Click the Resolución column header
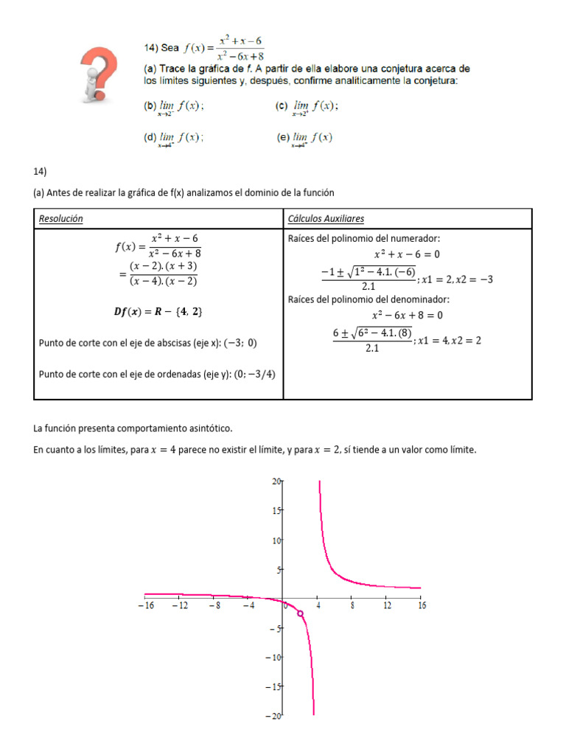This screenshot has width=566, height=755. [60, 219]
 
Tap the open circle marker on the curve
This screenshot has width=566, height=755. [300, 613]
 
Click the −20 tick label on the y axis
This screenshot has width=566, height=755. [273, 715]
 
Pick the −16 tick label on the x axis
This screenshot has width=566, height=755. [145, 605]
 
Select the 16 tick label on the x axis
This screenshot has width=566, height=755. [421, 605]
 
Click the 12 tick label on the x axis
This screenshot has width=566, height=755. [387, 605]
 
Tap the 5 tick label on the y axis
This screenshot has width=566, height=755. [279, 569]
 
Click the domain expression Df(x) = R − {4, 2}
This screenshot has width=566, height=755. [157, 312]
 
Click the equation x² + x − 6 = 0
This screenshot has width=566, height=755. [407, 254]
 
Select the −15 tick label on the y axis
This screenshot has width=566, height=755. [273, 686]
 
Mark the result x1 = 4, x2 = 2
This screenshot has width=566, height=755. [450, 341]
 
